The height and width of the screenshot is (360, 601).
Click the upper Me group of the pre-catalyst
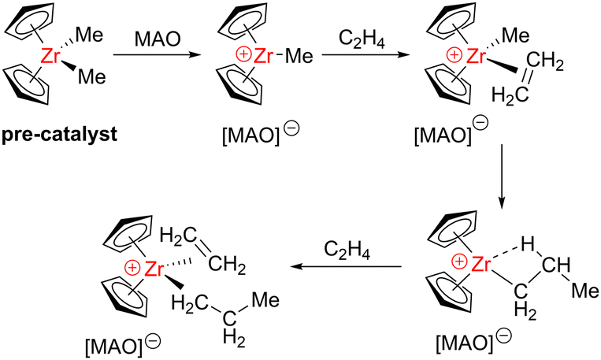coord(93,35)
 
